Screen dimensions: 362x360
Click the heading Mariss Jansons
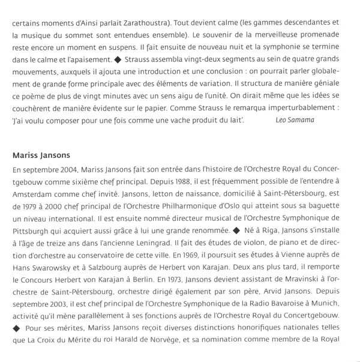(x=42, y=155)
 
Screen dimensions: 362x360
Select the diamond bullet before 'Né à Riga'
(x=238, y=230)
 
